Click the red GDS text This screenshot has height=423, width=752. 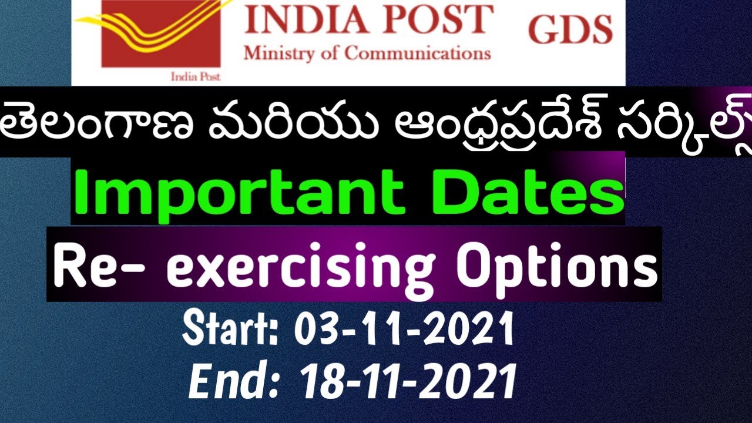[x=570, y=29]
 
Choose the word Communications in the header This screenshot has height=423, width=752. [x=418, y=53]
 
